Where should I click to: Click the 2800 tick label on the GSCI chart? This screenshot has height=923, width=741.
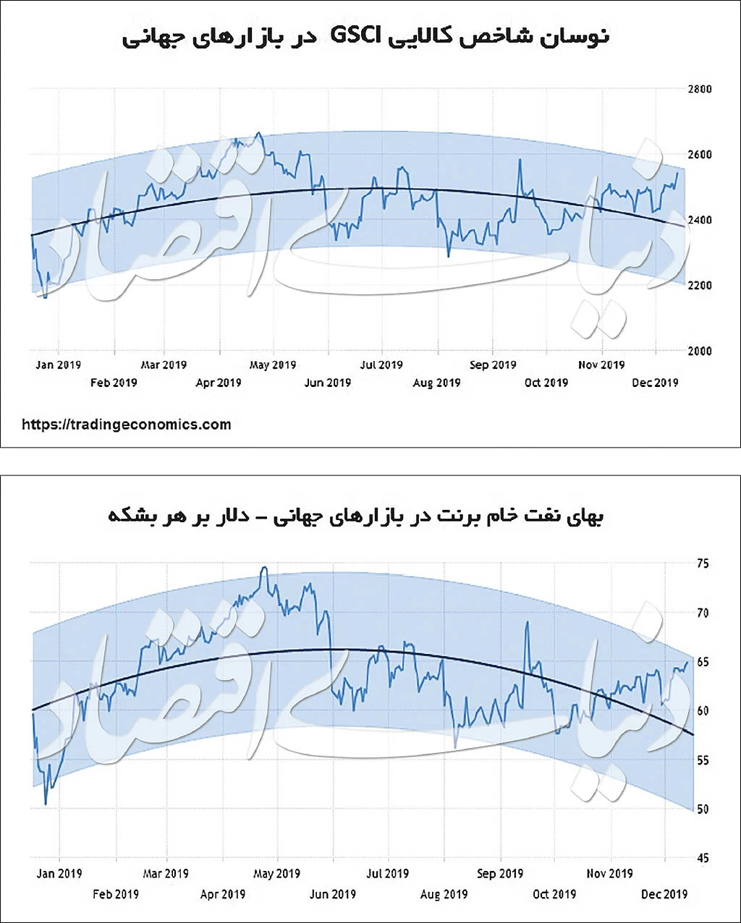[x=698, y=89]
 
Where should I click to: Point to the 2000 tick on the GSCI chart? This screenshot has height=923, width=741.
[x=698, y=351]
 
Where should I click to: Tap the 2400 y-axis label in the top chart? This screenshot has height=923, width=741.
[x=698, y=220]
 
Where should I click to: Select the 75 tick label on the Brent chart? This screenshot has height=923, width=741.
[x=703, y=563]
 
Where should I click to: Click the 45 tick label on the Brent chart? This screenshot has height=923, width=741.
[x=703, y=859]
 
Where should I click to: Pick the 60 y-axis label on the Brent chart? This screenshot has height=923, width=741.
[x=703, y=711]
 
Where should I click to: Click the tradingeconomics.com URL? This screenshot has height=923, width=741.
[x=127, y=425]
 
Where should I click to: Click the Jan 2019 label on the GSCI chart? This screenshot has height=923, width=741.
[x=58, y=365]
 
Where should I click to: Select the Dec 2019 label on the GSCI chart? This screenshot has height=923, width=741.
[x=655, y=383]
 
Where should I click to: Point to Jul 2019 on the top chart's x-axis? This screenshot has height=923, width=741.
[x=381, y=365]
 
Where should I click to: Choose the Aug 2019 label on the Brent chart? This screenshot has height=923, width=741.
[x=444, y=895]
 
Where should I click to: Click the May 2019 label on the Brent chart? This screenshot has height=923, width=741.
[x=276, y=874]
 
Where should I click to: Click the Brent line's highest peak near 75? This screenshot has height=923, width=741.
[x=264, y=568]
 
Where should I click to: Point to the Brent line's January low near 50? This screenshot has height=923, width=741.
[x=46, y=804]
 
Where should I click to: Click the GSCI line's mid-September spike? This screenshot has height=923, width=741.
[x=520, y=160]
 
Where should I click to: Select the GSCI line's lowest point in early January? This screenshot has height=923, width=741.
[x=45, y=297]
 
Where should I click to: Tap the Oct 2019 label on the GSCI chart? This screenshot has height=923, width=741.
[x=546, y=383]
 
